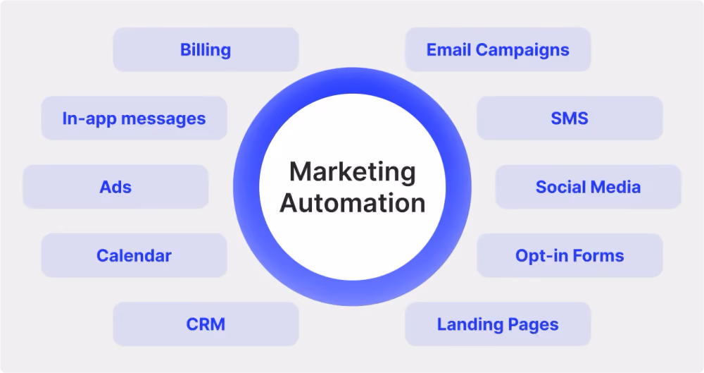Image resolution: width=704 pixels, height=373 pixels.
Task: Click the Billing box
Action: coord(206,49)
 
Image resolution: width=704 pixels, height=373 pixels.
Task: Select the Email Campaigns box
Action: coord(498,49)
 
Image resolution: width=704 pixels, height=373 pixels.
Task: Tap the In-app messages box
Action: coord(134,118)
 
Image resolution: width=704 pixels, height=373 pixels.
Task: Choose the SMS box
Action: coord(570,118)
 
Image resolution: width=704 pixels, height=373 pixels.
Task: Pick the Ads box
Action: coord(115,187)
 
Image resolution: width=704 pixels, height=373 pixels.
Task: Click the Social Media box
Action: coord(588,187)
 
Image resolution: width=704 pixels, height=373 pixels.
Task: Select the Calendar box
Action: coord(134,255)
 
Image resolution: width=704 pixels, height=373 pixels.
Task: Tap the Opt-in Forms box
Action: coord(570,255)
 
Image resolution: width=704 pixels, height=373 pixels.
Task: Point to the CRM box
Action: coord(206,324)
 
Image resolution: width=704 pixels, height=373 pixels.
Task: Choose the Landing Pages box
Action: coord(498,324)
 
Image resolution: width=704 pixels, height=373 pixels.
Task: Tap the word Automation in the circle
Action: coord(353,203)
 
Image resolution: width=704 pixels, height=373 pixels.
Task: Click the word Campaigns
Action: coord(522,50)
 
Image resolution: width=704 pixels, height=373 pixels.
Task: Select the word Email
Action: coord(448,49)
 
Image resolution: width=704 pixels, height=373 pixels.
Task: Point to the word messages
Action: coord(163,119)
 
